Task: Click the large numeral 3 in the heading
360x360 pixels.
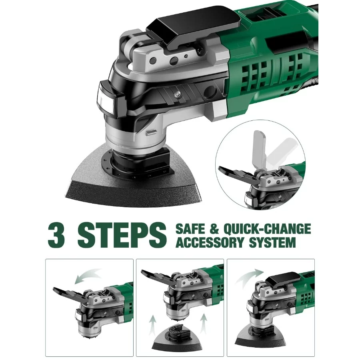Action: click(x=56, y=234)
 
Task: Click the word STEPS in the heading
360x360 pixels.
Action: click(x=122, y=235)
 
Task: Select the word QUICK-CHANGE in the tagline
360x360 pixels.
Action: click(x=267, y=229)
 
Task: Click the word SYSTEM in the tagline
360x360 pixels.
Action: click(x=273, y=242)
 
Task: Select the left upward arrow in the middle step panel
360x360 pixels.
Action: click(x=152, y=327)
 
